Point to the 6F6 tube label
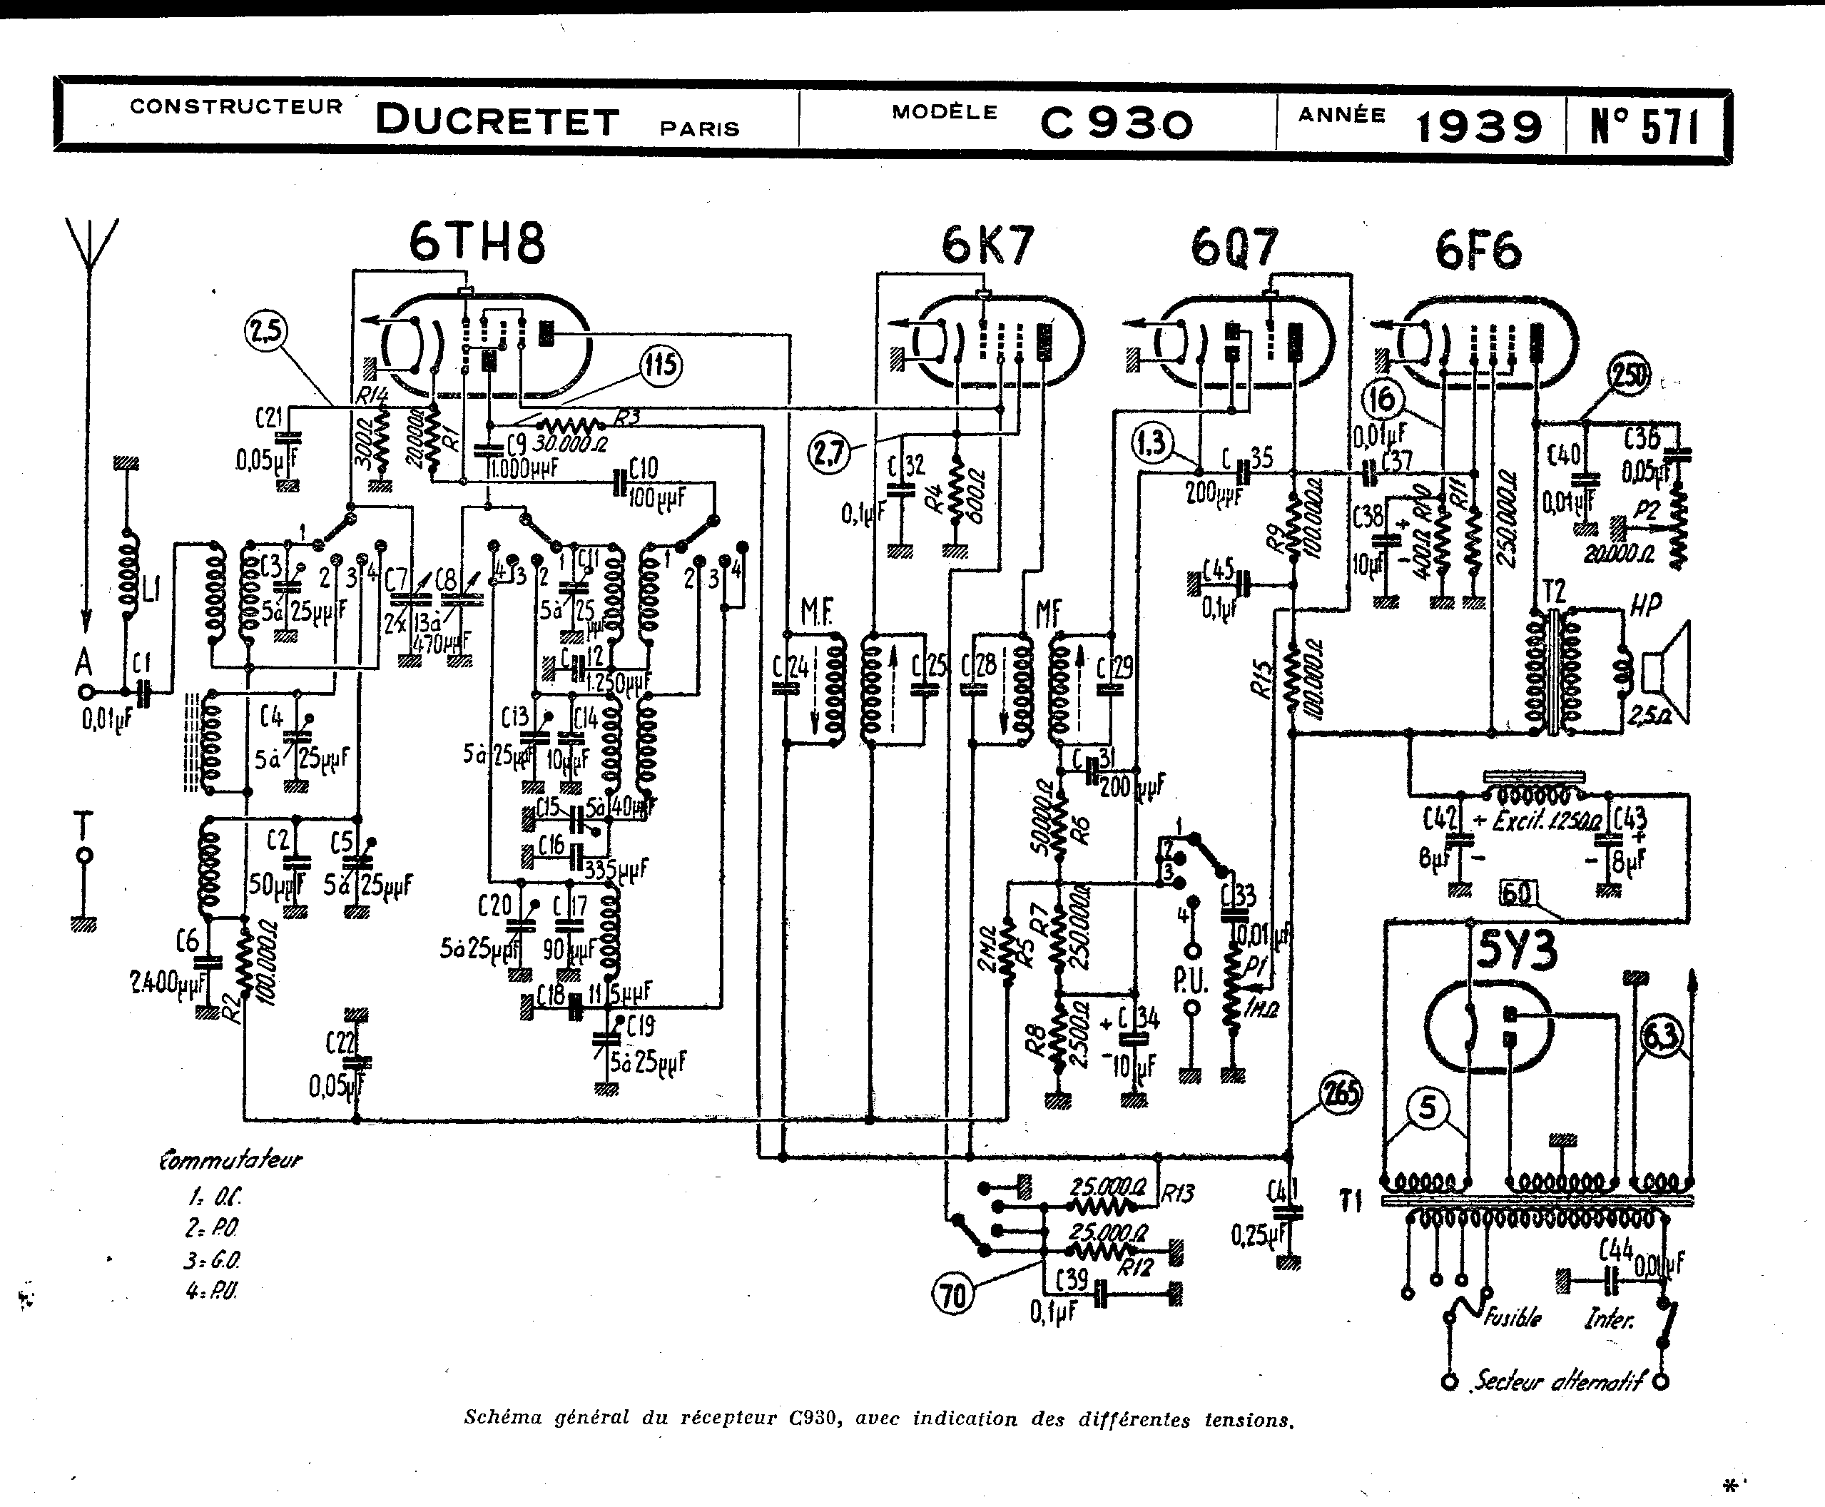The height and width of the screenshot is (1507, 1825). [x=1477, y=252]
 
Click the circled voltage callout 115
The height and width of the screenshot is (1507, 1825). [x=661, y=365]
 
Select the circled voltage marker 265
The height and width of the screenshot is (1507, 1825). [x=1340, y=1094]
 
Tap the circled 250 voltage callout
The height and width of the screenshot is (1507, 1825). [x=1629, y=376]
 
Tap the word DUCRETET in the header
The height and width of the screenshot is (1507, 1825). [x=497, y=121]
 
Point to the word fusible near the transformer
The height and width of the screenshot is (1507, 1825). [x=1513, y=1317]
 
